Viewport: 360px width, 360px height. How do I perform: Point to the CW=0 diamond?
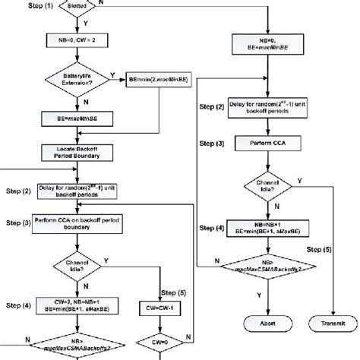[163, 339]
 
